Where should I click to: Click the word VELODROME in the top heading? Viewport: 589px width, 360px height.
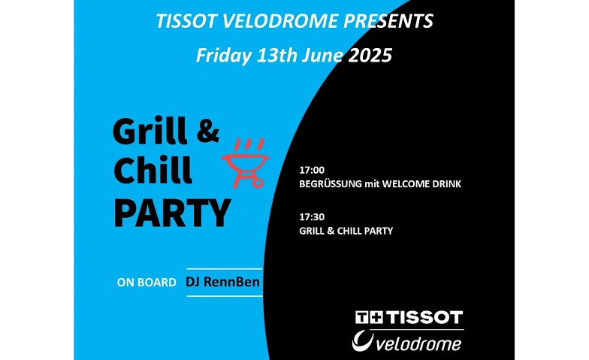point(279,21)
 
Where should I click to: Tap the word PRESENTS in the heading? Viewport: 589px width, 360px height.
point(388,21)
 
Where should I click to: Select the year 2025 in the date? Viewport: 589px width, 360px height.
point(370,56)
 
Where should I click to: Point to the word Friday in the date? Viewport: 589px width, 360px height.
point(224,56)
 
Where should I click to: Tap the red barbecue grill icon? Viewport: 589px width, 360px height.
point(246,163)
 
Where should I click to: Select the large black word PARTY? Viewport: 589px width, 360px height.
point(172,213)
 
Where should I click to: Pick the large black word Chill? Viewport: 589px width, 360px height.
point(153,170)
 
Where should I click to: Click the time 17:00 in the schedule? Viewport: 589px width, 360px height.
point(312,170)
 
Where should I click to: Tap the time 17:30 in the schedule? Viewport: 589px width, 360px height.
point(312,216)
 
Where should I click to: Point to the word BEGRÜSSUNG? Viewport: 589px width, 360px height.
point(331,184)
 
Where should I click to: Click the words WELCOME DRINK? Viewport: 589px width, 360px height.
point(421,184)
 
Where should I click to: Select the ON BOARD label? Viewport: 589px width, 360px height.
point(146,283)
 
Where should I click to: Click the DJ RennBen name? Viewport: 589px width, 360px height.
point(222,282)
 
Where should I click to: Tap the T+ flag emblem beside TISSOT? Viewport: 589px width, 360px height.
point(370,317)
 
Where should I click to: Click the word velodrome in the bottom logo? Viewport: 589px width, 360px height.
point(418,344)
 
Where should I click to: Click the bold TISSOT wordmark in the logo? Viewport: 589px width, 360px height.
point(424,317)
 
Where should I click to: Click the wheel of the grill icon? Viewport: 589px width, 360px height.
point(258,183)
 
